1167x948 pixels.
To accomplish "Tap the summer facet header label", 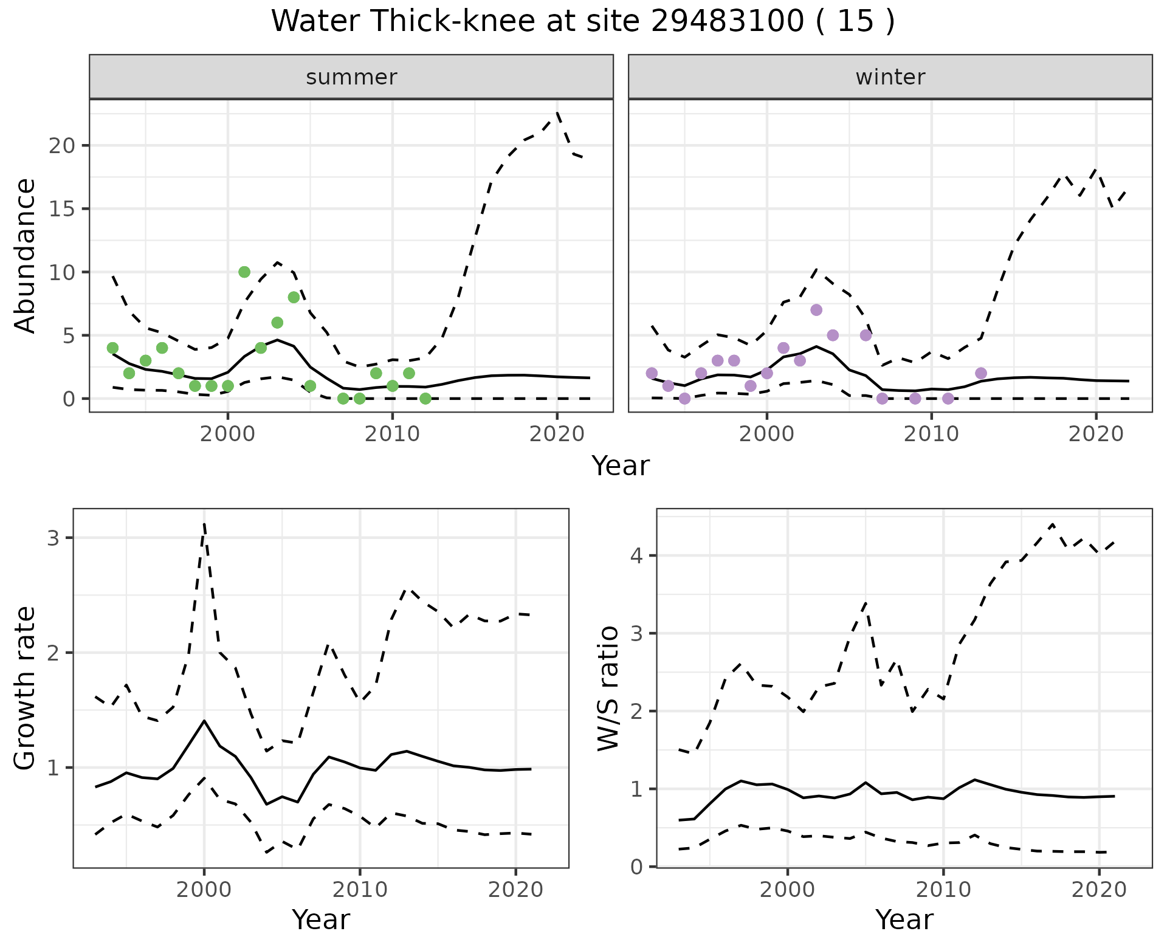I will click(x=351, y=77).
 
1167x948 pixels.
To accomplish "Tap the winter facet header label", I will click(x=890, y=77).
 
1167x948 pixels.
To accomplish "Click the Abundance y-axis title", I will click(x=26, y=255).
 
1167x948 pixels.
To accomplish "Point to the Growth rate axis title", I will click(x=26, y=688).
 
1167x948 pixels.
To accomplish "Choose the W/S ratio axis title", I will click(x=608, y=688).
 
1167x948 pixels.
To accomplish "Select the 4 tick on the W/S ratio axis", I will click(x=638, y=555).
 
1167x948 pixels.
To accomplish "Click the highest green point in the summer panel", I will click(x=244, y=272).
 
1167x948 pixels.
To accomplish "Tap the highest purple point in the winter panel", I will click(x=816, y=310).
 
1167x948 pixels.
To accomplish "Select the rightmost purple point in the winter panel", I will click(x=981, y=373).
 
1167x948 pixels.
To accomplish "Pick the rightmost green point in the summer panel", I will click(x=425, y=399).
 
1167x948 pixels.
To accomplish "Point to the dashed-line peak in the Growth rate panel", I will click(x=204, y=524).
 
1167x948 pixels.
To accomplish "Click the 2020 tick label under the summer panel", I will click(x=557, y=434).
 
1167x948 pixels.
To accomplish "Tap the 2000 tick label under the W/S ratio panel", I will click(x=787, y=890).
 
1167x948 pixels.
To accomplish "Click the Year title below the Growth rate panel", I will click(x=321, y=920).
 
